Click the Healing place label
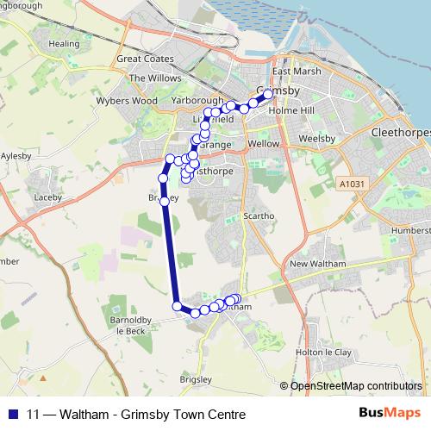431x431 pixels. coord(65,43)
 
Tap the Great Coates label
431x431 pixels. coord(145,59)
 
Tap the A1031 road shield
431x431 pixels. coord(353,184)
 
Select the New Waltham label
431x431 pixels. coord(317,264)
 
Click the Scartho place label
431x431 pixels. coord(258,215)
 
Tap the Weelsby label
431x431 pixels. coord(317,137)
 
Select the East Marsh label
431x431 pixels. coord(291,72)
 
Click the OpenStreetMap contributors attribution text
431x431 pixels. coord(355,385)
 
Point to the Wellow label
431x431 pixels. coord(263,143)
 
